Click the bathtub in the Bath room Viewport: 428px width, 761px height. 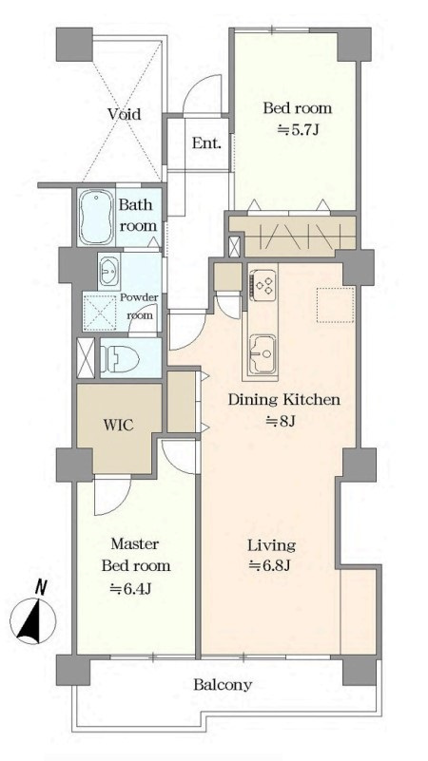point(97,218)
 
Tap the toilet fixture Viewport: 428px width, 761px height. point(120,359)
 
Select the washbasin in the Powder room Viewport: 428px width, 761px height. point(108,271)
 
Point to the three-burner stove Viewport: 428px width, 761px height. point(263,283)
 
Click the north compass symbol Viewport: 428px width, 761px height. point(33,615)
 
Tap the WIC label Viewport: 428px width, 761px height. point(118,425)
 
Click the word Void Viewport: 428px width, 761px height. point(125,114)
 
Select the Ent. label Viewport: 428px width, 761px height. point(207,143)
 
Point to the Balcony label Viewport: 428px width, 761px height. point(223,685)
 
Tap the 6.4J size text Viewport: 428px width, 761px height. point(131,588)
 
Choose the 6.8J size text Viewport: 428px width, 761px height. point(269,565)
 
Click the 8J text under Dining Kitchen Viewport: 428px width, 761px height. point(281,421)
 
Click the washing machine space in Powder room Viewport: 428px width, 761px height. point(101,312)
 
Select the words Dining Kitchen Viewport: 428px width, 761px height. point(283,400)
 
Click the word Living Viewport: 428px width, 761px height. point(272,545)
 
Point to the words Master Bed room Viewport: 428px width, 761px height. point(136,555)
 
